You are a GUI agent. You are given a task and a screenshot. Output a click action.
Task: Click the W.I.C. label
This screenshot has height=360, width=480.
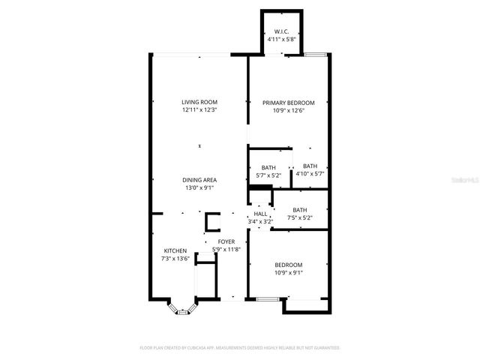[282, 31]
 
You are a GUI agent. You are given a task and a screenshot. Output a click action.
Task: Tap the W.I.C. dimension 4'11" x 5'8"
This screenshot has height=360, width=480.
[282, 39]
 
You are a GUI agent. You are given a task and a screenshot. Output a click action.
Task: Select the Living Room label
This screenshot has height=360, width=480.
[199, 102]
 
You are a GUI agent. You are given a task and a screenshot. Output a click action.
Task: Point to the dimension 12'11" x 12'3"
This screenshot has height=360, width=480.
[199, 110]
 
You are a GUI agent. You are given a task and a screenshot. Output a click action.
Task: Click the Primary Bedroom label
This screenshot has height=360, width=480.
[288, 103]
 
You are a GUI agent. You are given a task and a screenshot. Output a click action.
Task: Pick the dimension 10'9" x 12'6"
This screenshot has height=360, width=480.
[288, 110]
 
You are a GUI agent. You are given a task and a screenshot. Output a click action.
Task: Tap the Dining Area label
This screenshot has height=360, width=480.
[199, 180]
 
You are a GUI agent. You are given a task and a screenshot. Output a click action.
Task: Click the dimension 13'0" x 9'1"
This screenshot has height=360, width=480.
[199, 188]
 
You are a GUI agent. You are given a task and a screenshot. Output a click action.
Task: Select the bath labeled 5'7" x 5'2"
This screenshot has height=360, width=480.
[268, 171]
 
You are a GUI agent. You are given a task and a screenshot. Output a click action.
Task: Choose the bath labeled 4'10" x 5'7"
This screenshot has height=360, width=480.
[310, 170]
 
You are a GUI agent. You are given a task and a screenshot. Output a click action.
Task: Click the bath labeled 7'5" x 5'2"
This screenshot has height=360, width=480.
[300, 214]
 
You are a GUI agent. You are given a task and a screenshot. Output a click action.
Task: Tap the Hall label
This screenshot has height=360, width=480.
[260, 214]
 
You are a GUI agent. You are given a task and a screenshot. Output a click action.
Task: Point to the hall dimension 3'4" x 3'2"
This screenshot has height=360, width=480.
[260, 221]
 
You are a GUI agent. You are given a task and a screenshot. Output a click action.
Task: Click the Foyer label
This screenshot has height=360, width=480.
[226, 241]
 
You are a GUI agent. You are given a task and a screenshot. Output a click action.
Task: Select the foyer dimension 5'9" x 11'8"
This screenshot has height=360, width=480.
[226, 249]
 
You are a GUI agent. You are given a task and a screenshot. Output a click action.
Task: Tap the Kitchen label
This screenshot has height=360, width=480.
[175, 250]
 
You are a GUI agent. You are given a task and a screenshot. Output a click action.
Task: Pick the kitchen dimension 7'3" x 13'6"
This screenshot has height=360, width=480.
[175, 258]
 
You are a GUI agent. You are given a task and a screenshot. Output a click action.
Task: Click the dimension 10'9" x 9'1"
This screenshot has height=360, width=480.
[288, 272]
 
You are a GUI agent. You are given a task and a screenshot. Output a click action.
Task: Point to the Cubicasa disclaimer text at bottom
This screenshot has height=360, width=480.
[240, 348]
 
